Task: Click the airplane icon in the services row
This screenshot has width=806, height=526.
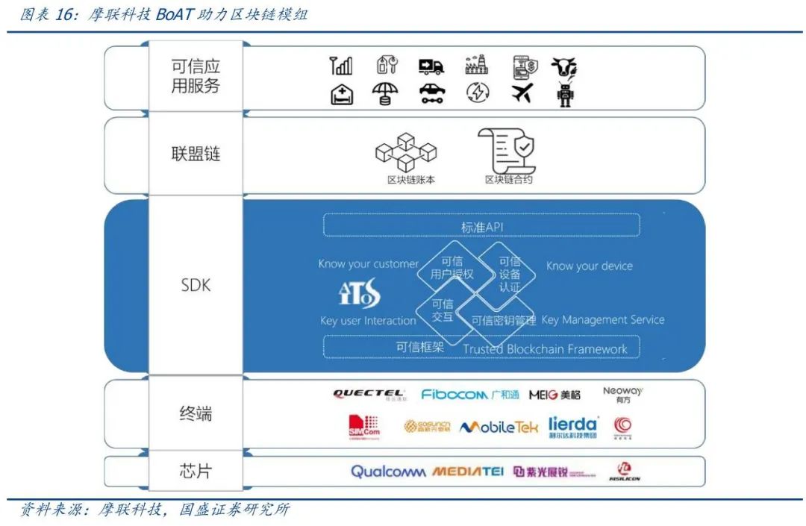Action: tap(522, 94)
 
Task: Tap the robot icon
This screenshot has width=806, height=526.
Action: tap(565, 95)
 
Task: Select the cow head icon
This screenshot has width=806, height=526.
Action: tap(565, 67)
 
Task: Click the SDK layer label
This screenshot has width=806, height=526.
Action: tap(196, 285)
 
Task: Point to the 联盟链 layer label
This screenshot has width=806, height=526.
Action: tap(196, 154)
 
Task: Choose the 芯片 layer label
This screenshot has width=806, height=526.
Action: tap(196, 471)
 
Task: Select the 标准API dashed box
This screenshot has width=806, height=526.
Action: tap(481, 226)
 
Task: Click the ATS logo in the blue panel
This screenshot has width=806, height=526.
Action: tap(359, 293)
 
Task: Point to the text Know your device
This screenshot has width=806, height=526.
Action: tap(589, 266)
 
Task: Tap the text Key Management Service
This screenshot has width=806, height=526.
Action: tap(602, 320)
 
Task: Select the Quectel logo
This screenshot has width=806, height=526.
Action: tap(369, 395)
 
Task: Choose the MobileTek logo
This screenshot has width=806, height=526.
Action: tap(498, 428)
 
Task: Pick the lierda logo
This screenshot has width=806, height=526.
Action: tap(572, 426)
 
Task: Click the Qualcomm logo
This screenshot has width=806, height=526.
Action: tap(388, 472)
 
